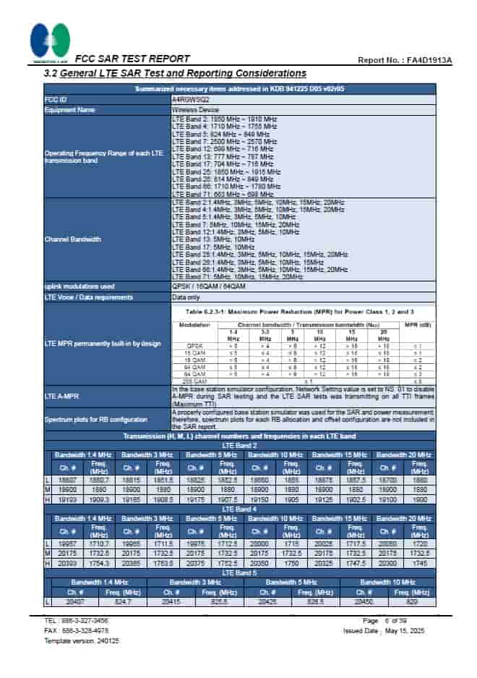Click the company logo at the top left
[x=50, y=41]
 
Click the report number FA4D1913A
[x=427, y=60]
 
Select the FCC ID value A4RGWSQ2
[x=191, y=99]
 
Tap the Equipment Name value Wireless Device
[x=195, y=110]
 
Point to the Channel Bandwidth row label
[x=73, y=239]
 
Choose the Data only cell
[x=186, y=297]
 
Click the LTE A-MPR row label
[x=62, y=397]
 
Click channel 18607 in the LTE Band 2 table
[x=68, y=480]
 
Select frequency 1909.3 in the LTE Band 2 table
[x=99, y=500]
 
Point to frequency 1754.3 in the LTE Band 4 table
[x=99, y=563]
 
